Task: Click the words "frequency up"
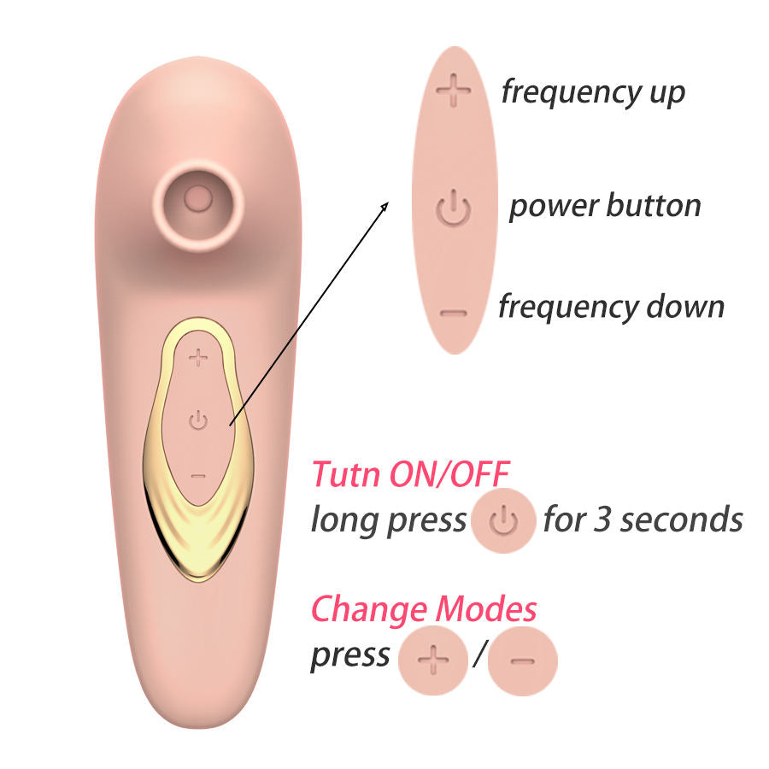click(593, 91)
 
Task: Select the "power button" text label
click(604, 206)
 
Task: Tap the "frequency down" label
click(611, 306)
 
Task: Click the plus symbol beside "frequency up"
click(454, 91)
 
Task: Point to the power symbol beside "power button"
click(454, 208)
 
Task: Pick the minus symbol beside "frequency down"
click(454, 312)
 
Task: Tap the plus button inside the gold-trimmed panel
click(198, 356)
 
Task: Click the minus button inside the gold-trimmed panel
click(198, 475)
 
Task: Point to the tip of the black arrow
click(387, 203)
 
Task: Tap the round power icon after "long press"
click(504, 520)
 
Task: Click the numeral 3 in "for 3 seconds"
click(604, 520)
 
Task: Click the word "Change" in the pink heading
click(368, 610)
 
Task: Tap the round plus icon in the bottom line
click(433, 659)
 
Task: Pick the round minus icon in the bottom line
click(523, 659)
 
